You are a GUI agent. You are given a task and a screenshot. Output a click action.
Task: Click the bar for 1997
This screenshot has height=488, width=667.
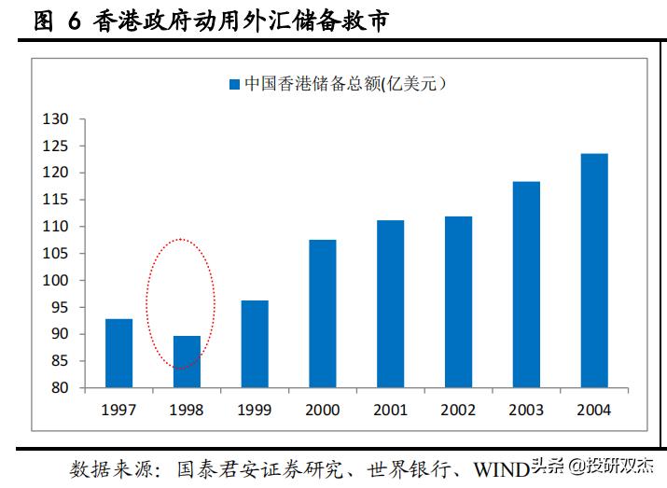[x=118, y=354]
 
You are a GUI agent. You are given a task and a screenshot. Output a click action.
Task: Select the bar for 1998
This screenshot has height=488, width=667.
[x=187, y=362]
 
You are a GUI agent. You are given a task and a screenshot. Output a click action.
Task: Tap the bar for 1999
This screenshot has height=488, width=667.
[x=255, y=344]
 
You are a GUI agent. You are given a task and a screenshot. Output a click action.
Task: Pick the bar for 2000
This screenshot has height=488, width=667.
[x=323, y=314]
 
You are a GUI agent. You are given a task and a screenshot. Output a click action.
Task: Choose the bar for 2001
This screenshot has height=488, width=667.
[x=390, y=304]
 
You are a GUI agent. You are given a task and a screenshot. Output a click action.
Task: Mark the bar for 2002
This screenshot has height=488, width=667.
[x=458, y=302]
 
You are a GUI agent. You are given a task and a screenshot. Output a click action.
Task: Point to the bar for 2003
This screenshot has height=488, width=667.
[x=526, y=285]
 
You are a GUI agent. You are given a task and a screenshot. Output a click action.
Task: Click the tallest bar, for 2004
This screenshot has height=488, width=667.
[x=594, y=271]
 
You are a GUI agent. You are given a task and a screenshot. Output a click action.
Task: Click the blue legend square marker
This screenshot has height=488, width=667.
[x=234, y=85]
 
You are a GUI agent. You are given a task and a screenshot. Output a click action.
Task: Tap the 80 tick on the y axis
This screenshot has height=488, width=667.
[x=60, y=388]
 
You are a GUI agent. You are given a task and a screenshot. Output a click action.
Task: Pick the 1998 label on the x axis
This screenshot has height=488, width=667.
[x=187, y=410]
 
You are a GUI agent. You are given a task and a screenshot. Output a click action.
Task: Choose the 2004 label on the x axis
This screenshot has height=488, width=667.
[x=594, y=410]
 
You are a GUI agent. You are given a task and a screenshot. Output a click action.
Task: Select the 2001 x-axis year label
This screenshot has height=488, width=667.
[x=390, y=410]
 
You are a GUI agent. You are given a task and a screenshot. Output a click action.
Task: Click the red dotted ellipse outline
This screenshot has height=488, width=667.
[x=215, y=303]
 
